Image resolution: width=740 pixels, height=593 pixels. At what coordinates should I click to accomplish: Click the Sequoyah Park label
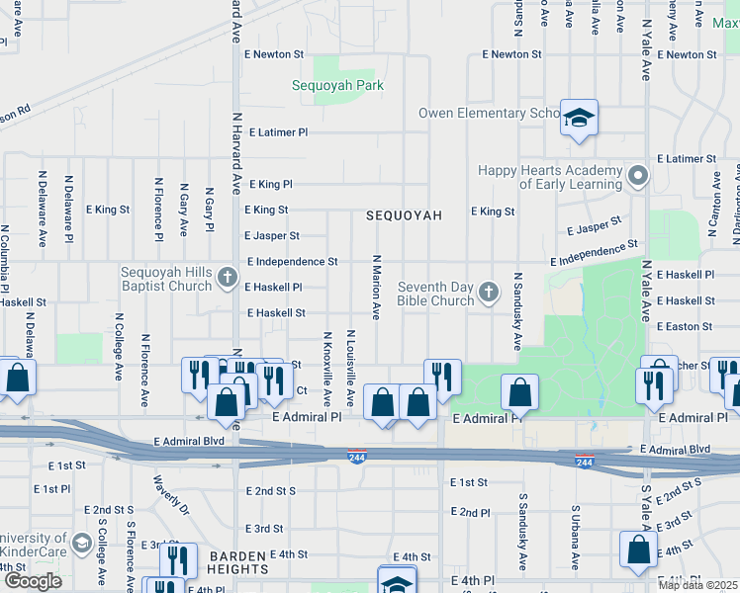click(337, 86)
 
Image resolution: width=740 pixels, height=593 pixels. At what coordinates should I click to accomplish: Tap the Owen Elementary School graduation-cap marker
click(579, 119)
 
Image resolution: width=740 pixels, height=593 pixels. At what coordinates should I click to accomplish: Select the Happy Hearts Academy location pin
click(638, 177)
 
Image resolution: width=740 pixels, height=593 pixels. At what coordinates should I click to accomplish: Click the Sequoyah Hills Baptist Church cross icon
click(229, 274)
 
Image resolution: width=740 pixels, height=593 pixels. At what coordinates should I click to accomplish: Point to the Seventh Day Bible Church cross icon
click(488, 292)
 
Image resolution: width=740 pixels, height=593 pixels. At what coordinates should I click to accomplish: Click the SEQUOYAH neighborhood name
click(402, 214)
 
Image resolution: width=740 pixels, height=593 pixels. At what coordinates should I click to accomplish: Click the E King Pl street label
click(270, 185)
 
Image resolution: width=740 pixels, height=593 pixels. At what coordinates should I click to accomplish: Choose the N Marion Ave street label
click(376, 287)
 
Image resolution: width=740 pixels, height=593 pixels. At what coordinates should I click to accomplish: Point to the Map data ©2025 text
click(696, 585)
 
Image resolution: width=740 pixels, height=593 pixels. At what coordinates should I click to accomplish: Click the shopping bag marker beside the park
click(519, 393)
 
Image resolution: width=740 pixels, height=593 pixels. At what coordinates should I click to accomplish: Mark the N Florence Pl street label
click(158, 210)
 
